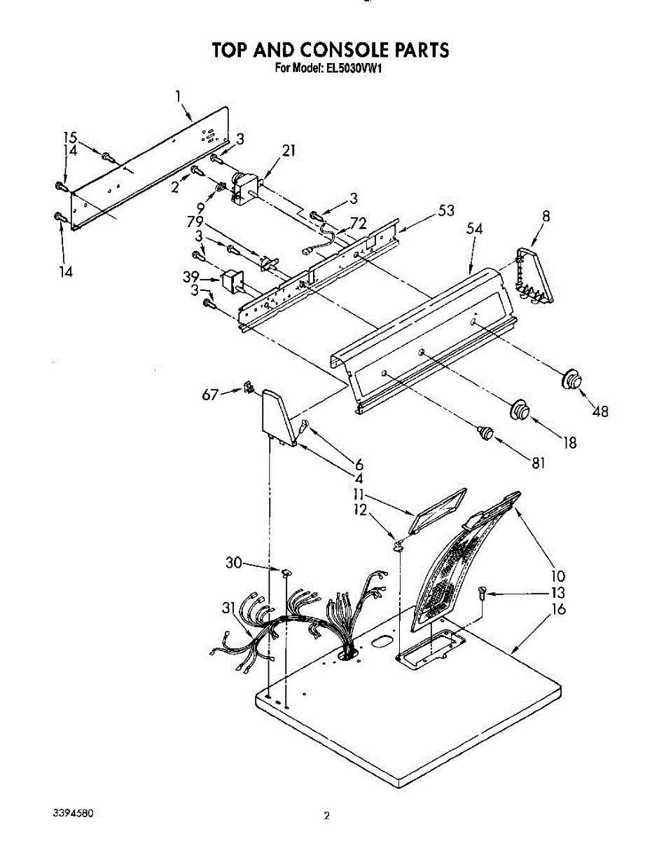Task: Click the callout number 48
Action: tap(599, 411)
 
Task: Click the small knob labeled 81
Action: tap(484, 432)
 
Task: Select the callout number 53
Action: tap(446, 210)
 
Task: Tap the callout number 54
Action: tap(475, 229)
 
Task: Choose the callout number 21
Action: tap(289, 150)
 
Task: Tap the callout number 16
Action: tap(558, 609)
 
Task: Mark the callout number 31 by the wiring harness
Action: tap(228, 608)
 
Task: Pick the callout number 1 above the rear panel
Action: tap(179, 96)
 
